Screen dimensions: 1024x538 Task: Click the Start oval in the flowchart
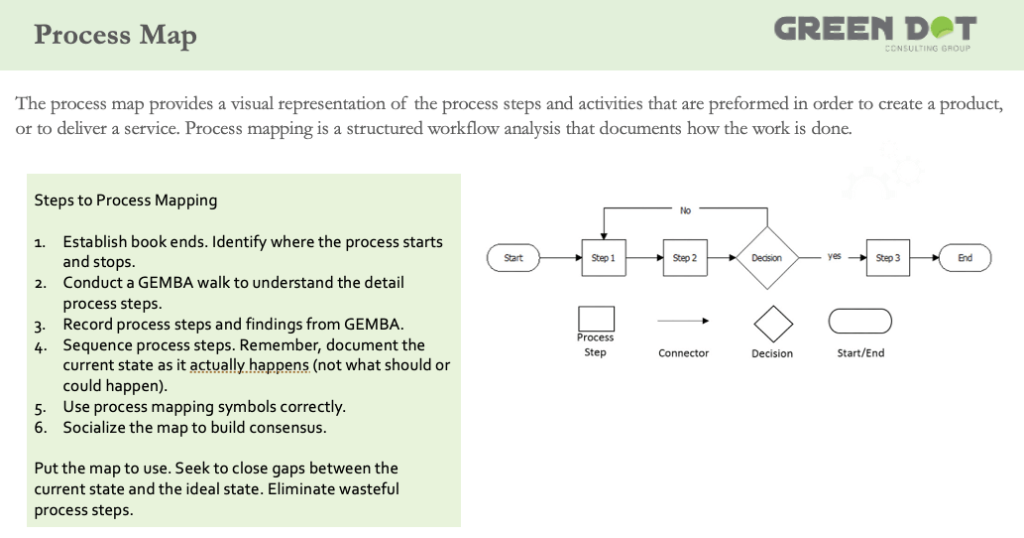click(513, 257)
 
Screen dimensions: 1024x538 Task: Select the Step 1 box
click(604, 257)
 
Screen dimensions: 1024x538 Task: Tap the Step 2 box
click(685, 257)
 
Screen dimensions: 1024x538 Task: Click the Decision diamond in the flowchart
click(767, 257)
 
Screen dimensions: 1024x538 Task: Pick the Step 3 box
click(888, 257)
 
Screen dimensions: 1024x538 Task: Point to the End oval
click(966, 257)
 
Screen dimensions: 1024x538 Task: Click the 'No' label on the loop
click(685, 210)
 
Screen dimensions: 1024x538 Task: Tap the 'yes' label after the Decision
click(834, 256)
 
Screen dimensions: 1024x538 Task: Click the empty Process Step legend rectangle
click(596, 319)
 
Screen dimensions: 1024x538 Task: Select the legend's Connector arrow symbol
click(683, 321)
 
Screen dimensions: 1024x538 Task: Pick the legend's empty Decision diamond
click(773, 324)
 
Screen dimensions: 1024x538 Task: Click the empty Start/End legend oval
click(860, 321)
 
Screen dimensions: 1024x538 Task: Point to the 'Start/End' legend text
click(860, 353)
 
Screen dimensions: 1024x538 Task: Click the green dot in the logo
click(942, 28)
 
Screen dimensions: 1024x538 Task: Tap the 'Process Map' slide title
click(115, 35)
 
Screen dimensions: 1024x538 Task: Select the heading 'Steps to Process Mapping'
click(125, 201)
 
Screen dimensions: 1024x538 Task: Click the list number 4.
click(40, 346)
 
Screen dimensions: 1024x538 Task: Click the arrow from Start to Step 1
click(561, 257)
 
